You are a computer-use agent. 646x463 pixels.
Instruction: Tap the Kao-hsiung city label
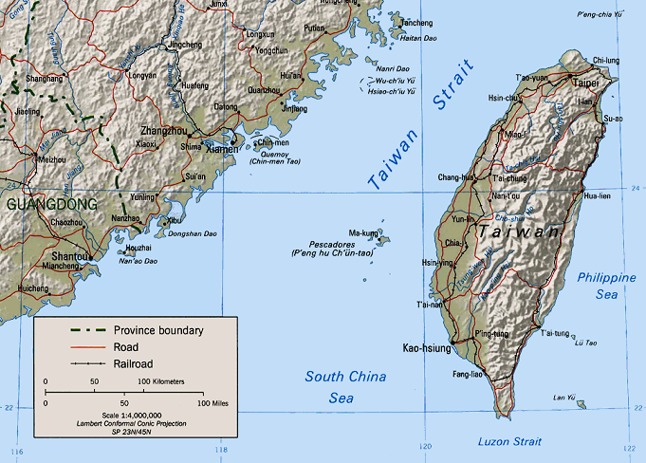click(427, 347)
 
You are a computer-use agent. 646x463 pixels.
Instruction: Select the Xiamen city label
click(222, 148)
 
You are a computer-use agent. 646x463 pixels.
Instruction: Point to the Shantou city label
click(70, 254)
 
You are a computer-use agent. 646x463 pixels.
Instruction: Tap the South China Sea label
click(345, 387)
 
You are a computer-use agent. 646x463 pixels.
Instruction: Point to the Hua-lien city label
click(598, 195)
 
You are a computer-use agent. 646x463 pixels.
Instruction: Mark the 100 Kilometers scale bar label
click(161, 381)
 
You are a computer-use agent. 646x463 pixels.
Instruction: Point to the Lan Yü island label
click(564, 397)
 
